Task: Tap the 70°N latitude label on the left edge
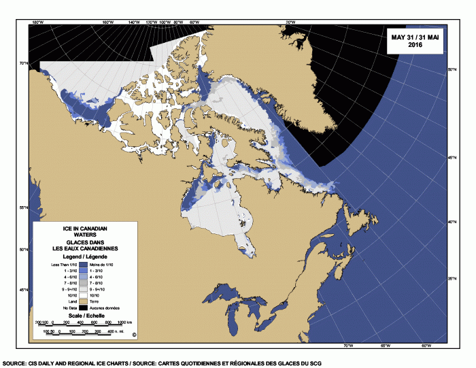[x=24, y=63]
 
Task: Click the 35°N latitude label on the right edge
[x=451, y=278]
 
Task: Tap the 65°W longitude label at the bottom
[x=385, y=346]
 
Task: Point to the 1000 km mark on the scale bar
[x=124, y=321]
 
